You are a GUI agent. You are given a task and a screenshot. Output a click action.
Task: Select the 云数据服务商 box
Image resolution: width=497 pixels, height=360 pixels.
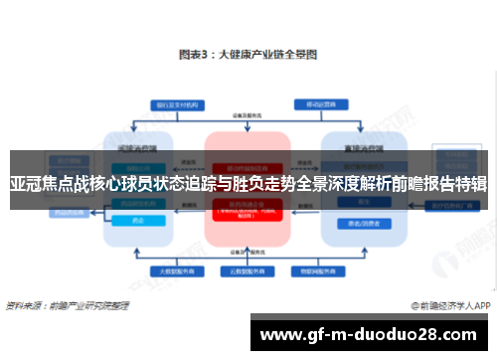[x=248, y=270]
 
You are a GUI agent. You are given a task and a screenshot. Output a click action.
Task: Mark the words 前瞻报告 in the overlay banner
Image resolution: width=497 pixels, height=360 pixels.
[x=417, y=183]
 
